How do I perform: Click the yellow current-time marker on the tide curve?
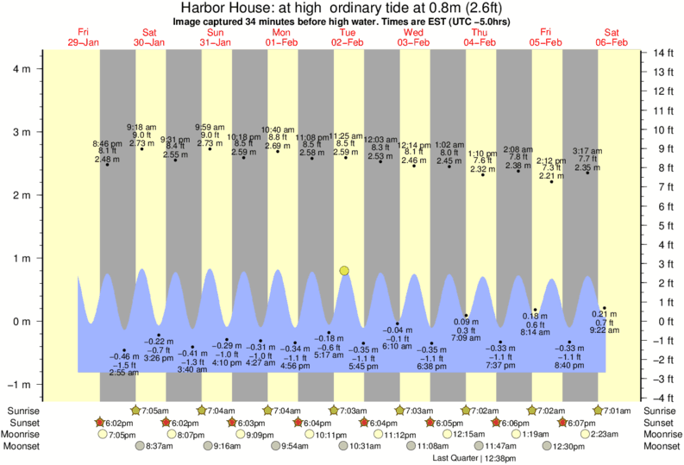click(344, 271)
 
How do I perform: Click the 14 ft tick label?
click(663, 53)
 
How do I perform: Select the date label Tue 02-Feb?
click(347, 37)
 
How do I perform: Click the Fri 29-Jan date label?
click(83, 37)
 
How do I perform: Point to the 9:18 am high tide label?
click(141, 127)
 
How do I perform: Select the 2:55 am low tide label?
click(125, 372)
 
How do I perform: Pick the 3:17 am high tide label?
click(587, 151)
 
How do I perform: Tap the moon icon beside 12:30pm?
click(548, 446)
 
